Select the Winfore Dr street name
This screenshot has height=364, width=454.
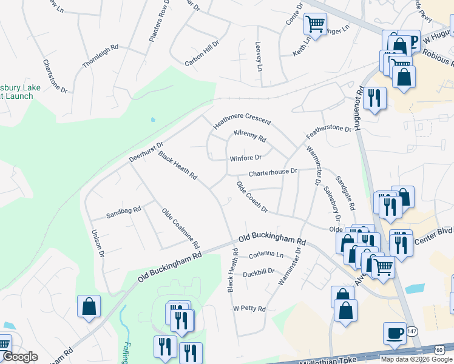(245, 158)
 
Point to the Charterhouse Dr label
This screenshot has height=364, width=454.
(273, 172)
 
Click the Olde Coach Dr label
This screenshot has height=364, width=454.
(252, 197)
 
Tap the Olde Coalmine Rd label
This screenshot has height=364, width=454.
(180, 229)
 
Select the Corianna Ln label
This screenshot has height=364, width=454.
(266, 255)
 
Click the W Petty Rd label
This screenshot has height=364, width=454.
(249, 309)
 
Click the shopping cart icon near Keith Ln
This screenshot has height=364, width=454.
(315, 24)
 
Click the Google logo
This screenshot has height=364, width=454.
(21, 357)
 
